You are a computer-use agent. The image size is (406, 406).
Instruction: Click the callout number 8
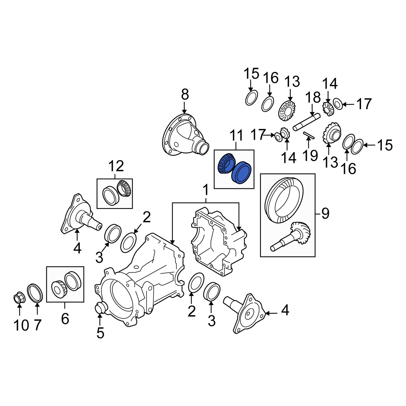pyautogui.click(x=185, y=95)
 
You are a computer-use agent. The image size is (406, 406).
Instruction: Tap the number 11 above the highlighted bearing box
pyautogui.click(x=237, y=136)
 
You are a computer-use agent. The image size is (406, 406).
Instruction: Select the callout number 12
pyautogui.click(x=116, y=166)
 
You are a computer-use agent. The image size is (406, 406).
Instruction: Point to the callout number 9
pyautogui.click(x=325, y=214)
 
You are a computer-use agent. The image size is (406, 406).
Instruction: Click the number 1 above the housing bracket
pyautogui.click(x=206, y=190)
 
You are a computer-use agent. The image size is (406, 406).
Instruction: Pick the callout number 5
pyautogui.click(x=100, y=333)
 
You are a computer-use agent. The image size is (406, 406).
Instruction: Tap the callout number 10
pyautogui.click(x=21, y=325)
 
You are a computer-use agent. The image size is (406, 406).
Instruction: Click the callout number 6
pyautogui.click(x=65, y=319)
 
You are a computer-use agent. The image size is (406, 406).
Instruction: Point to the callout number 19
pyautogui.click(x=310, y=155)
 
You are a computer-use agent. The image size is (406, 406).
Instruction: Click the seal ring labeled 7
pyautogui.click(x=35, y=293)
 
